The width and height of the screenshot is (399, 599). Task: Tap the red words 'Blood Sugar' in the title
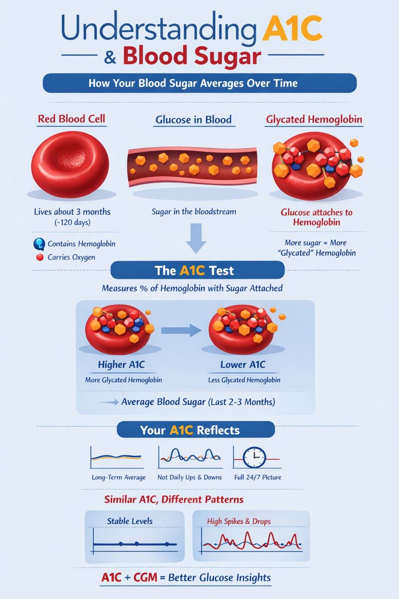192,56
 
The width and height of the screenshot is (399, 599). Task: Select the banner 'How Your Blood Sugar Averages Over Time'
199,83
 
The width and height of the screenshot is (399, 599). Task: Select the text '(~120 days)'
72,223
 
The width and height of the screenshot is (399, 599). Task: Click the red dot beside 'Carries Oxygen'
41,258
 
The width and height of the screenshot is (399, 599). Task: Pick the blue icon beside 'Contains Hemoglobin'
39,244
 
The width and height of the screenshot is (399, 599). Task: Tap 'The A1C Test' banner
197,272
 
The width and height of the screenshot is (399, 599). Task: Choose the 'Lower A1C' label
243,365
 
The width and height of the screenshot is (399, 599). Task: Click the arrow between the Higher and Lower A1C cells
180,330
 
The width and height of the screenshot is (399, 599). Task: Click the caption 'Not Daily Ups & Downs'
190,477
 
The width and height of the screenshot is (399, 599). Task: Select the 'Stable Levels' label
130,521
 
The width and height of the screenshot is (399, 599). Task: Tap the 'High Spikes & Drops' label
238,521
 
